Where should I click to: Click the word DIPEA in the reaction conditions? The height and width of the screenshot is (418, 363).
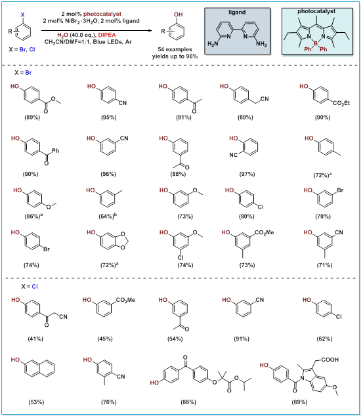tap(107, 35)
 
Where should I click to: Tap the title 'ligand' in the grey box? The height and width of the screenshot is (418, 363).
tap(237, 12)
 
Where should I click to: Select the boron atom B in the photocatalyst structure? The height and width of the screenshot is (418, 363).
tap(316, 43)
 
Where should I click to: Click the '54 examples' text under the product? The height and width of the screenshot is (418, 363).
tap(175, 49)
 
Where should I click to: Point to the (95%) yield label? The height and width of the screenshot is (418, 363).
tap(108, 117)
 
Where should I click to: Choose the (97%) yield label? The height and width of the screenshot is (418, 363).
tap(247, 174)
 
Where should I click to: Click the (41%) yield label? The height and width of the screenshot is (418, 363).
tap(35, 339)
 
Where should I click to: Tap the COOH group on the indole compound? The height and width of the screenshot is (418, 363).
tap(330, 360)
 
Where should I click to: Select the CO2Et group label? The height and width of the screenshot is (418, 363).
tap(341, 103)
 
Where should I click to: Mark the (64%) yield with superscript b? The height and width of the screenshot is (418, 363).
tap(108, 216)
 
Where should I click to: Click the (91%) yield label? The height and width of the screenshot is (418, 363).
tap(242, 339)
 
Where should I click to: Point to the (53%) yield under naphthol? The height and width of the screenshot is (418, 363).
tap(36, 402)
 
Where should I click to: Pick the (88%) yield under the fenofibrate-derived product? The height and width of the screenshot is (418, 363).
tap(188, 402)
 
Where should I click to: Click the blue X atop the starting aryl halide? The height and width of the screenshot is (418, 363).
tap(23, 14)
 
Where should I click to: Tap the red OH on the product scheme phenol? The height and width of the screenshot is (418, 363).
tap(178, 14)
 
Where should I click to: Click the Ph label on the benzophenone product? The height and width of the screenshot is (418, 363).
tap(56, 151)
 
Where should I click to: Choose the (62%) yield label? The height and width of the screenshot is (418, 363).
tap(324, 339)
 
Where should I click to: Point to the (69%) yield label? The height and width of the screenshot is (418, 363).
tap(299, 402)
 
